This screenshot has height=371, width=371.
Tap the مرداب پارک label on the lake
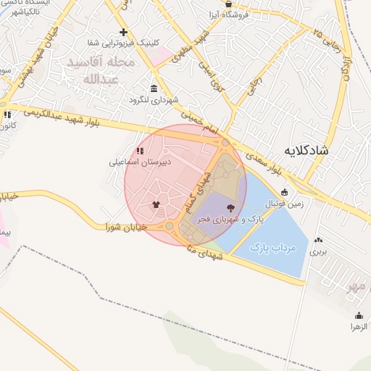[273, 248]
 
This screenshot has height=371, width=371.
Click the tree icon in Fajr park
[230, 208]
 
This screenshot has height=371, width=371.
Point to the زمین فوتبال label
[293, 205]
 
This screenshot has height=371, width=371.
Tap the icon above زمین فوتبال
[284, 193]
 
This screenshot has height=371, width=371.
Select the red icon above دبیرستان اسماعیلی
[139, 151]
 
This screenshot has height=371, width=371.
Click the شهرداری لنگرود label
[154, 99]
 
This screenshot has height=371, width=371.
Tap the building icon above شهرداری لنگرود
[153, 88]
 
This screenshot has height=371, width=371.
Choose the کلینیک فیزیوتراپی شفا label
[132, 43]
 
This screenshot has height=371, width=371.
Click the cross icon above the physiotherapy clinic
[124, 32]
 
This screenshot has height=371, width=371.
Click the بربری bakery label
[319, 252]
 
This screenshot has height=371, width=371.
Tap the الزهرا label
[360, 327]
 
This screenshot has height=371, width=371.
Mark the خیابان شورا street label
[128, 227]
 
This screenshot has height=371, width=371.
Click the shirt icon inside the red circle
[156, 204]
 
